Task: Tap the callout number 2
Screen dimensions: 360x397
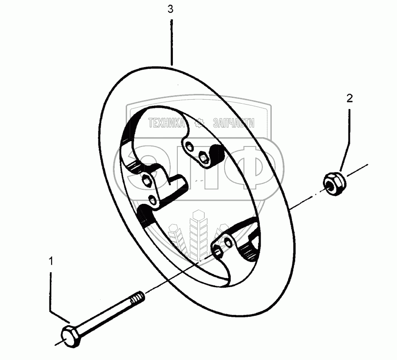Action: (349, 98)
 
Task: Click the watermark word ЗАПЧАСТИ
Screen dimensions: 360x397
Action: (233, 123)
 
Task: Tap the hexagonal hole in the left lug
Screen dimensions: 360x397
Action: (146, 181)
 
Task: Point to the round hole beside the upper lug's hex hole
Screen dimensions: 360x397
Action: (188, 145)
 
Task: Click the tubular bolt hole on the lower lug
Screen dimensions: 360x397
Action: (217, 251)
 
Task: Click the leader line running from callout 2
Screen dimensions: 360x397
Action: (348, 132)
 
